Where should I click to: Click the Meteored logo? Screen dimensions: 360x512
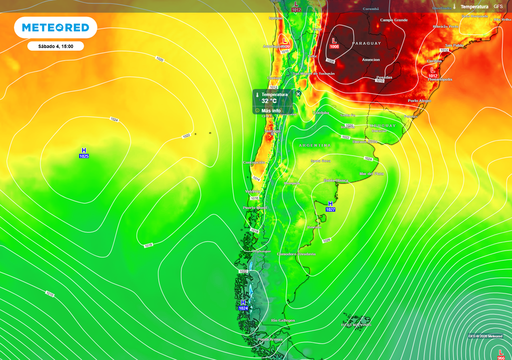coord(55,27)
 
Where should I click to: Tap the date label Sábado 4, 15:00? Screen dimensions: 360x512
coord(55,46)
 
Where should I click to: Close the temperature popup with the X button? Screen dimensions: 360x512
coord(298,93)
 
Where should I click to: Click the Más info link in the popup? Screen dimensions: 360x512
coord(270,110)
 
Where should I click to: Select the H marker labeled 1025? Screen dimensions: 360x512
coord(83,153)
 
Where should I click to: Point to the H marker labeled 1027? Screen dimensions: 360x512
coord(330,206)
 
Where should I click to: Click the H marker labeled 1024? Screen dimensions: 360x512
coord(243,305)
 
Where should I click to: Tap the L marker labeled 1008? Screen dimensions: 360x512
coord(334,43)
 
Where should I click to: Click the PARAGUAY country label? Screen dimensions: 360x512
coord(366,43)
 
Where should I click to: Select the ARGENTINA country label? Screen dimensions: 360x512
coord(315,145)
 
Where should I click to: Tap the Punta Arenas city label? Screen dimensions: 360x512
coord(270,339)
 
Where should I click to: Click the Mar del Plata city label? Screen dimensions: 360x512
coord(371,173)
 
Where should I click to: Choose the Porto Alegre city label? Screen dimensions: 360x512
coord(419,100)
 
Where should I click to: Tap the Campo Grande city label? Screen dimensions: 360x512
coord(394,20)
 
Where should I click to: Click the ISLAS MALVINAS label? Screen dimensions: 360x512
coord(356,324)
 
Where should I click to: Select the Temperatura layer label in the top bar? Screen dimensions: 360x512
coord(474,6)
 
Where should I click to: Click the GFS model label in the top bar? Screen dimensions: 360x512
coord(498,6)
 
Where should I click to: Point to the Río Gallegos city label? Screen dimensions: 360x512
coord(282,320)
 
